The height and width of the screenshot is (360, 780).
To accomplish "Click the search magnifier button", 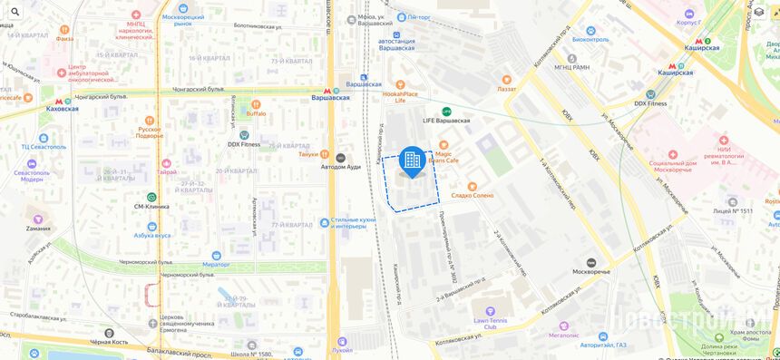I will click(15, 12).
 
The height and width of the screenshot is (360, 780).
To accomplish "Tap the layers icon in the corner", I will click(759, 12).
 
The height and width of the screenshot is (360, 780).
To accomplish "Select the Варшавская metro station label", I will click(330, 96).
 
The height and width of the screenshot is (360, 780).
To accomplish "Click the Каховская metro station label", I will click(62, 108).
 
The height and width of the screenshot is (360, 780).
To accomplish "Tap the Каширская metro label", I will click(700, 47).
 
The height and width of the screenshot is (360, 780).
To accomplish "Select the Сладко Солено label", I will click(472, 195).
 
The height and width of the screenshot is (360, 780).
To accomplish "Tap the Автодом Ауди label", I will click(341, 166).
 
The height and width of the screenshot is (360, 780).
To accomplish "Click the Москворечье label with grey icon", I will click(590, 271).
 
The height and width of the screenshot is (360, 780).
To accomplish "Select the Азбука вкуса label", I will click(151, 235).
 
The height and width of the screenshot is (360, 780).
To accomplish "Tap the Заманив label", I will click(38, 228).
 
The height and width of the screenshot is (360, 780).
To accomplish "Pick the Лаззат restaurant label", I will click(505, 89).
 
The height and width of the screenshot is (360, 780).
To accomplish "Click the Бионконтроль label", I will click(590, 39).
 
